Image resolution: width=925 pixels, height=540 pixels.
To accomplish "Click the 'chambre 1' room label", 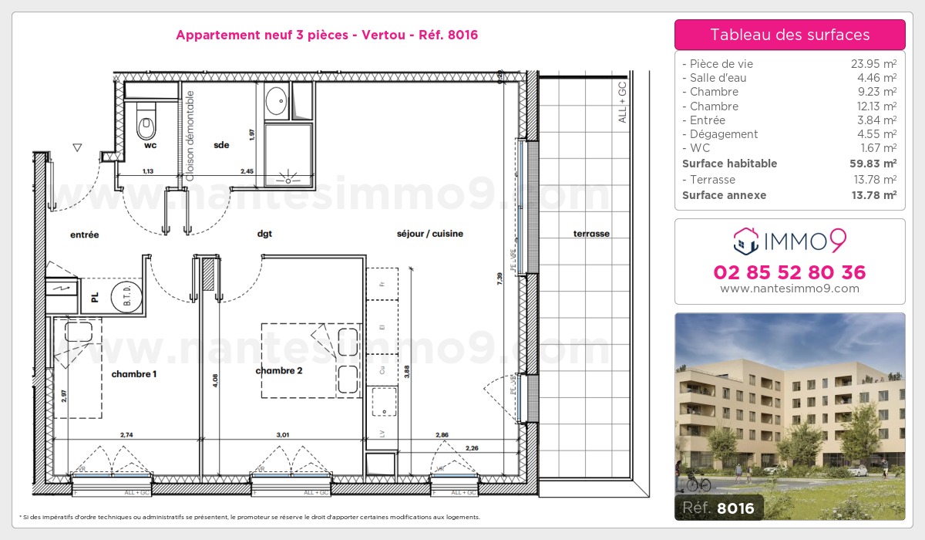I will click(x=134, y=374).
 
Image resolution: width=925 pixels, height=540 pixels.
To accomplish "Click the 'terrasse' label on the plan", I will click(x=591, y=234).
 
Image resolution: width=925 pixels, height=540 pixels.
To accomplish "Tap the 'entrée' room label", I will click(x=85, y=235).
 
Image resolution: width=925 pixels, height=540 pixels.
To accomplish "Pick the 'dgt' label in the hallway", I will click(x=265, y=234).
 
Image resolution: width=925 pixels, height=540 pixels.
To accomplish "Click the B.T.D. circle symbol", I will click(x=123, y=296).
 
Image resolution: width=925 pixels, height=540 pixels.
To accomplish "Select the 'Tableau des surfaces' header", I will click(x=789, y=35).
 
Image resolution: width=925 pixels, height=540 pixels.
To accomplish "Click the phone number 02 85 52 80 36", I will click(x=789, y=272).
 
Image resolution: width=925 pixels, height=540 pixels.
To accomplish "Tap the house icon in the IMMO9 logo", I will click(x=745, y=241).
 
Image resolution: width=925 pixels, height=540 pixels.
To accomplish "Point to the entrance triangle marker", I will click(x=76, y=147).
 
